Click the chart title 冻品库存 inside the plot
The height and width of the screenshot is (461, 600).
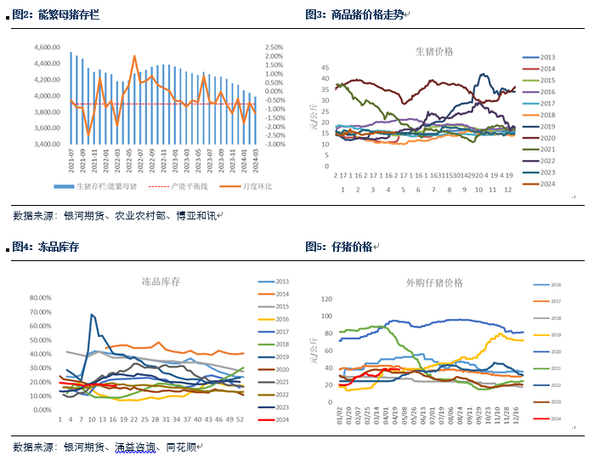coord(161,281)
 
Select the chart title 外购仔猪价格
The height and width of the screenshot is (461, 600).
coord(434,282)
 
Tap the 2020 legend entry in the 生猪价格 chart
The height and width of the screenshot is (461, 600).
coord(547,138)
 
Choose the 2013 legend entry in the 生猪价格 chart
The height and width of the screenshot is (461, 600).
coord(547,57)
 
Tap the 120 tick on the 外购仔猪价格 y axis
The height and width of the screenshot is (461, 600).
coord(327,299)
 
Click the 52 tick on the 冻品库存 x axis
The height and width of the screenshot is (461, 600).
coord(241,419)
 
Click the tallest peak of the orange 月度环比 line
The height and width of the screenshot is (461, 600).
coord(134,56)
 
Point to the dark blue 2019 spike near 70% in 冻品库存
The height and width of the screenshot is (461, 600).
coord(92,316)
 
